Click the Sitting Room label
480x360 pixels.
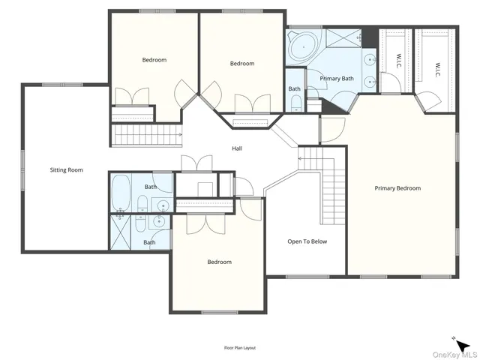(x=66, y=170)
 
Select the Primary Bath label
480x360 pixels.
(x=337, y=79)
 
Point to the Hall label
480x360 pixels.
(x=236, y=148)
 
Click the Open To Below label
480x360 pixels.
(x=307, y=241)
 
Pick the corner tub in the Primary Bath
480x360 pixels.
(x=303, y=46)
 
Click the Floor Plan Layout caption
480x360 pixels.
(x=239, y=348)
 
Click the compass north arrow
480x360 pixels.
(x=463, y=345)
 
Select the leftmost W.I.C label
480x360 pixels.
(x=397, y=61)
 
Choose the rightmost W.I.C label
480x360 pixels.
(x=436, y=68)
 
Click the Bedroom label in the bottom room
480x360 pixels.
(x=219, y=262)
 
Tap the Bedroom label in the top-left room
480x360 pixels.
(x=154, y=60)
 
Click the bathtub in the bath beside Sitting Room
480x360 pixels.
(x=123, y=194)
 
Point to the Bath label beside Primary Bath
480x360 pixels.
(x=295, y=89)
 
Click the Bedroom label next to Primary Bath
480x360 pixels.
(x=241, y=64)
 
